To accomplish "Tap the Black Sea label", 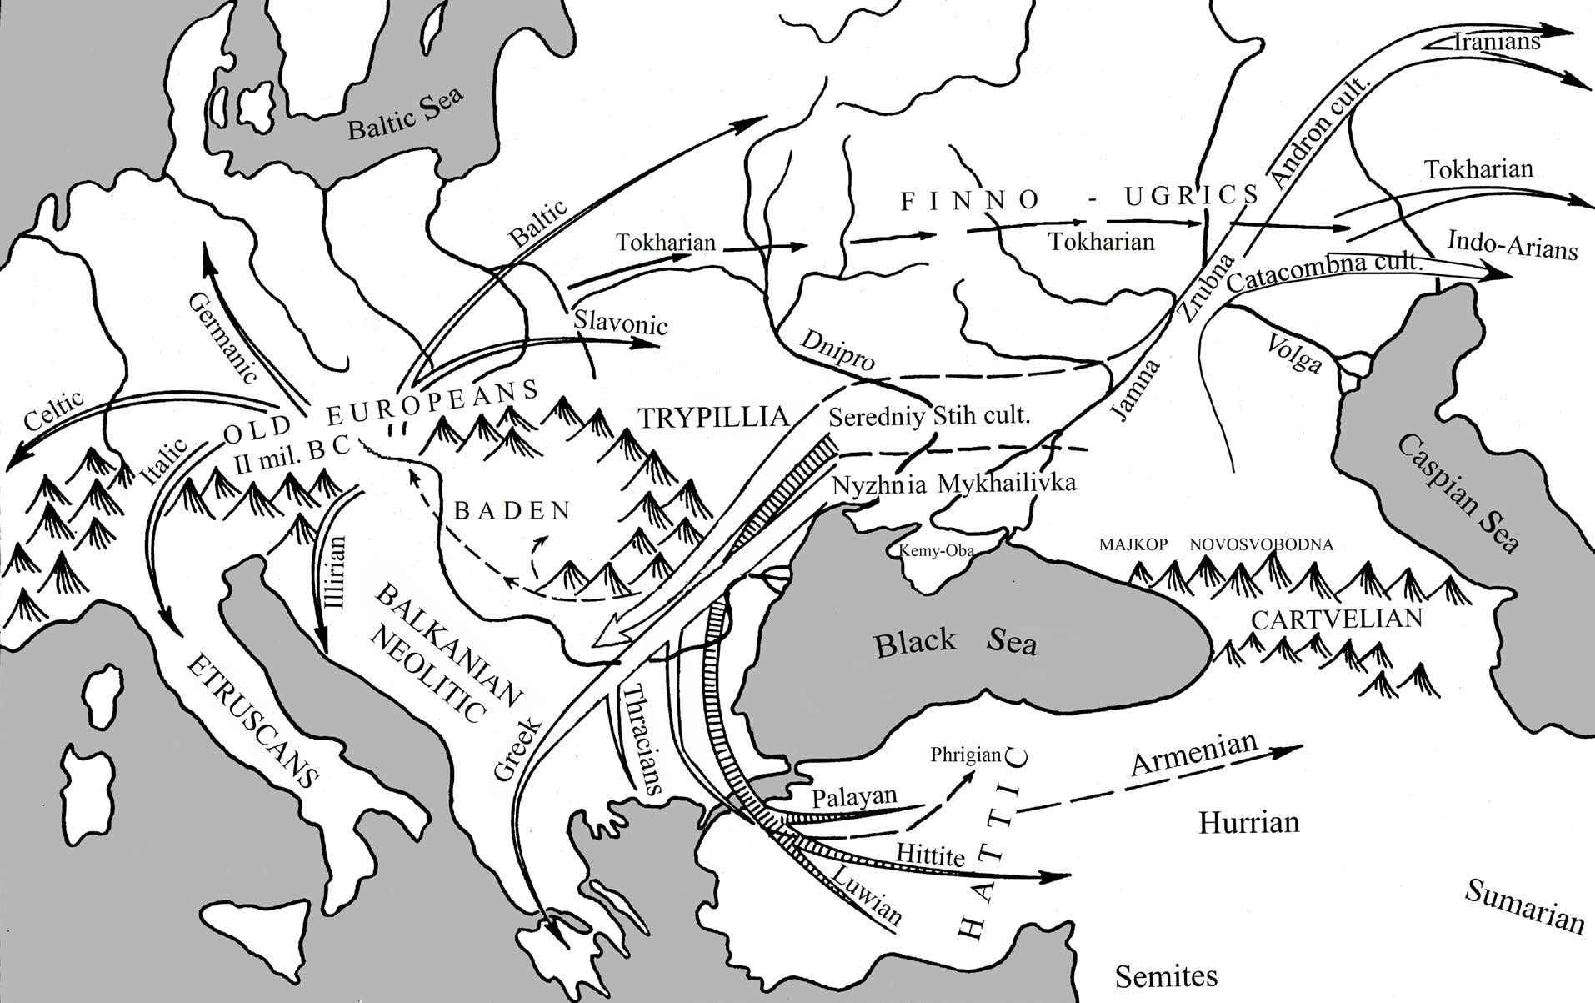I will pos(955,643).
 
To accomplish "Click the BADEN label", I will pos(512,510).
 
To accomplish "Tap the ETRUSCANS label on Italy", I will pos(252,721).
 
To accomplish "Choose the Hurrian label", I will pos(1248,823).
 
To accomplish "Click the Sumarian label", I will pos(1523,905).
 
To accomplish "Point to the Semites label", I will pos(1166,975).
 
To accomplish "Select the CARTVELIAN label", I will pos(1337,619).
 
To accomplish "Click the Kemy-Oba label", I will pos(936,551).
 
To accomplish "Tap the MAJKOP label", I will pos(1132,544).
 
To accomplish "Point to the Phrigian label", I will pos(965,755).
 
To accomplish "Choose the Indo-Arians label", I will pos(1512,245).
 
